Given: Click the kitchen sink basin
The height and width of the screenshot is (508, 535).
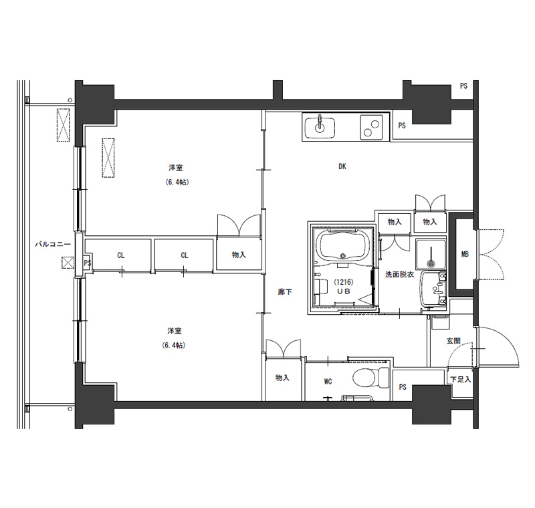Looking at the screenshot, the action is [320, 127].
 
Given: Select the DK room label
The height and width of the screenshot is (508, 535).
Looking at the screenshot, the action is [342, 166].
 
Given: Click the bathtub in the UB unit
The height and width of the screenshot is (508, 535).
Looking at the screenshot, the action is [343, 245].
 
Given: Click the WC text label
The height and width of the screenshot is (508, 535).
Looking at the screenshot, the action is [328, 382].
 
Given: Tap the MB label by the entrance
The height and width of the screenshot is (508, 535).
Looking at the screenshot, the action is [465, 254].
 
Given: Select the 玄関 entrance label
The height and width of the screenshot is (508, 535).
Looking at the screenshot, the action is [453, 341].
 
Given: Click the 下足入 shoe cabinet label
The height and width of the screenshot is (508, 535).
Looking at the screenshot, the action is [461, 379].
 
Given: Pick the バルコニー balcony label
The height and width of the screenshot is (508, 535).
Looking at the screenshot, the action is [53, 244].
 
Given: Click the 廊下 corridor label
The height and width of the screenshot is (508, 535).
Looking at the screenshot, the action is [285, 292].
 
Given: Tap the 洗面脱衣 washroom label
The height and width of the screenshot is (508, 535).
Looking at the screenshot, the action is [399, 274].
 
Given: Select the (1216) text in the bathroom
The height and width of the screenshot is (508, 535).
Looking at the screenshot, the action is [343, 282].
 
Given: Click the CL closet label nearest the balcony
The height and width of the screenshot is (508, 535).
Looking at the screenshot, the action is [121, 255].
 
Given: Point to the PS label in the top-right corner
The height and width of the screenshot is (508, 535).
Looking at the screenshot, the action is [463, 86].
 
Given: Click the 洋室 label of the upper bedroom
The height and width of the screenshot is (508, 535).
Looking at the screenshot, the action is [176, 168].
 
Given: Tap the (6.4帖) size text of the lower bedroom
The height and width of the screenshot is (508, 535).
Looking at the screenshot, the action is [174, 346].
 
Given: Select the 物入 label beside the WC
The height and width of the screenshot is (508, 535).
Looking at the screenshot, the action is [282, 378].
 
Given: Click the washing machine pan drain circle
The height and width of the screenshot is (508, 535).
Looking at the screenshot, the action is [431, 263].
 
